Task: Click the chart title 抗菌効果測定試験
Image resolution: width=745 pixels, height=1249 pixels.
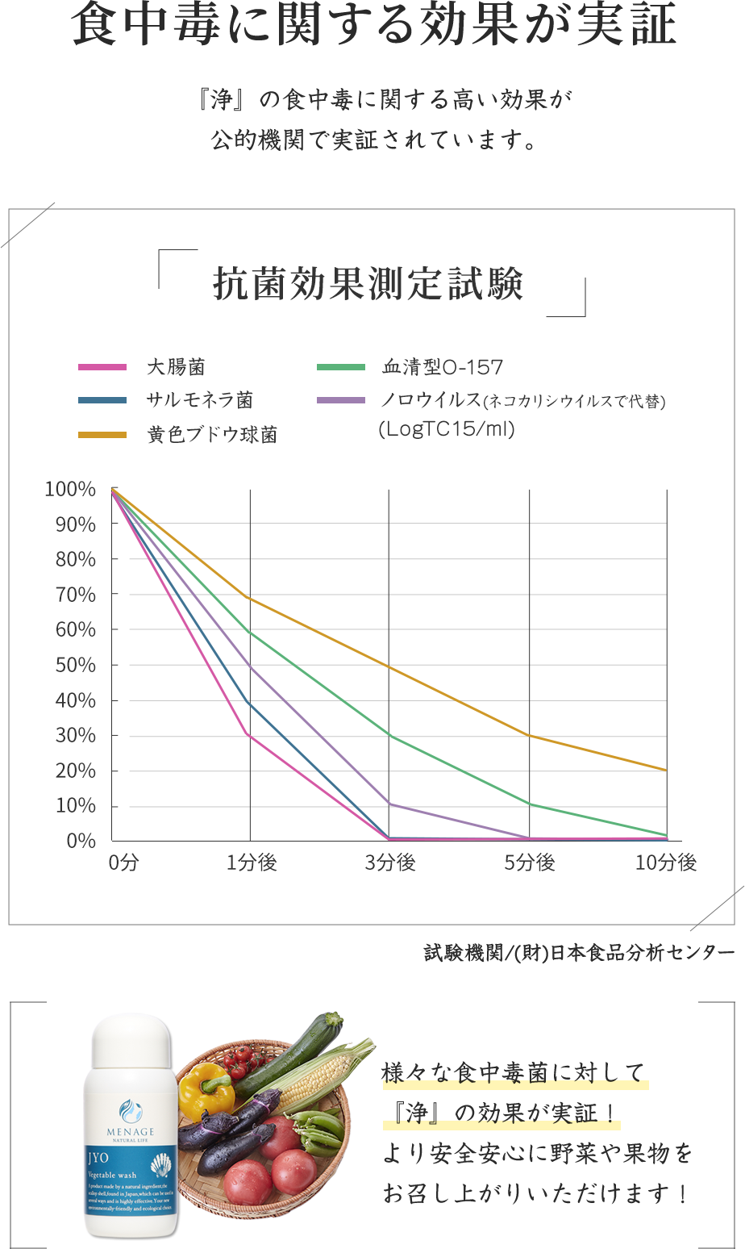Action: (x=368, y=284)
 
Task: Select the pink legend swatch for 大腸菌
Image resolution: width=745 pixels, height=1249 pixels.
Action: (x=102, y=368)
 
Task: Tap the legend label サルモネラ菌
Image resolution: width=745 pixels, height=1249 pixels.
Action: (x=199, y=400)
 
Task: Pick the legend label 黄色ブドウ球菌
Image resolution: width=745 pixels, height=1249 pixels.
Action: (x=212, y=435)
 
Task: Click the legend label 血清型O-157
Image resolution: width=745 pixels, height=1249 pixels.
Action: (x=443, y=368)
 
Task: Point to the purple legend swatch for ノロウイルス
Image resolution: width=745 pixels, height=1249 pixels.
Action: (x=341, y=400)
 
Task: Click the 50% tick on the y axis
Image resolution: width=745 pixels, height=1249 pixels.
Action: (x=76, y=666)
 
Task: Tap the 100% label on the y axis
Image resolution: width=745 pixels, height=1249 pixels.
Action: (x=71, y=490)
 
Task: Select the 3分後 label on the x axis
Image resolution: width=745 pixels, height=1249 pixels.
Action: (x=390, y=863)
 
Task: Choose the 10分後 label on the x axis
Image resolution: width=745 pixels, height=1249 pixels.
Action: (x=666, y=863)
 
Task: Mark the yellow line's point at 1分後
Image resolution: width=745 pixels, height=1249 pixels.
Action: (x=250, y=598)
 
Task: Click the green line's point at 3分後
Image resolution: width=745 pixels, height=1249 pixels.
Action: (x=389, y=736)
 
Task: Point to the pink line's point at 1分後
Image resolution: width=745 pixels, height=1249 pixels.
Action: (x=250, y=735)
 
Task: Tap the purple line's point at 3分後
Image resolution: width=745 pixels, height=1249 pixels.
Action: (x=389, y=804)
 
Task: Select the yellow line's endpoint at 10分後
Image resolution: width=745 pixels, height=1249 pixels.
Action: (x=667, y=771)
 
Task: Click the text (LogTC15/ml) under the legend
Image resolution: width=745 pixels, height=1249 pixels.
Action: (x=447, y=429)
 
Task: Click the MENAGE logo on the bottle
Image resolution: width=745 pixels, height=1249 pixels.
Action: (x=131, y=1117)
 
